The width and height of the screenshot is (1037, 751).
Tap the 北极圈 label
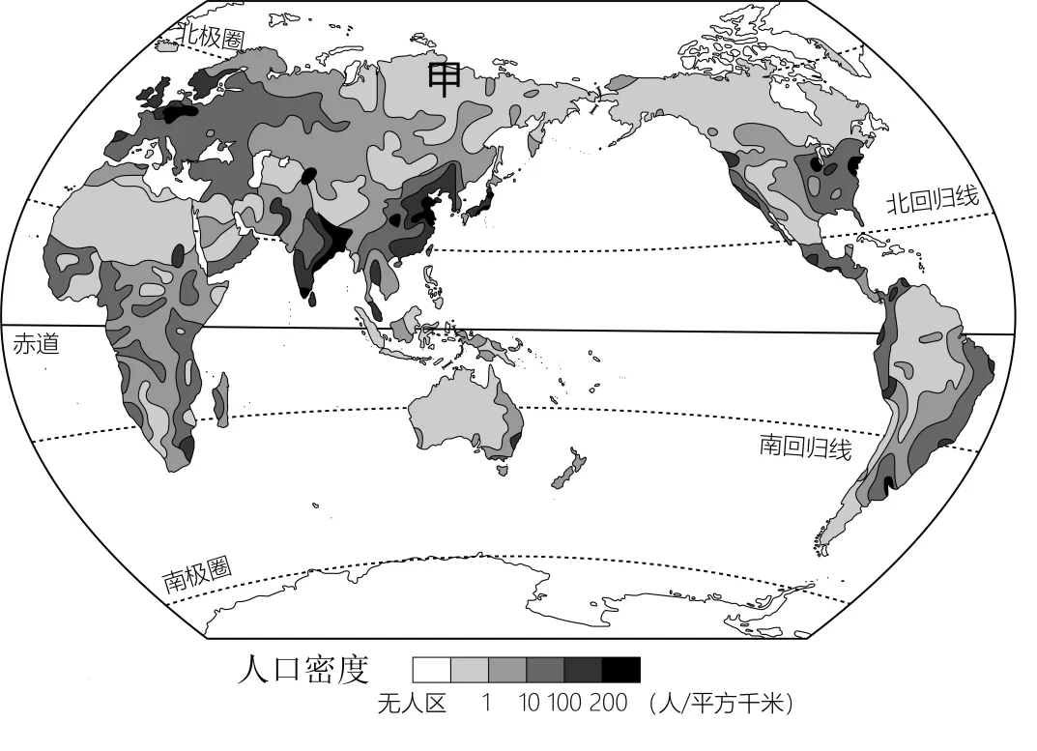(213, 37)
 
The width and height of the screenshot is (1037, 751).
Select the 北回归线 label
(933, 200)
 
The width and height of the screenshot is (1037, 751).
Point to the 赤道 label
(36, 344)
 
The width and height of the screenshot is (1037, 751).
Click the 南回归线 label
(805, 446)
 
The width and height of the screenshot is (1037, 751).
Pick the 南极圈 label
(197, 575)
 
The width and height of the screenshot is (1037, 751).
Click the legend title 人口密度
(303, 669)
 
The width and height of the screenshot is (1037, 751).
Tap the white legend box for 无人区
(431, 670)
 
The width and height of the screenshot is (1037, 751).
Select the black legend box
(620, 670)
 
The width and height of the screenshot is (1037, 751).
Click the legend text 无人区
(412, 704)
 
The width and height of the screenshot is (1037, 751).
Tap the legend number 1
(487, 704)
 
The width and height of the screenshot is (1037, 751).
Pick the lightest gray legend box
(469, 670)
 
